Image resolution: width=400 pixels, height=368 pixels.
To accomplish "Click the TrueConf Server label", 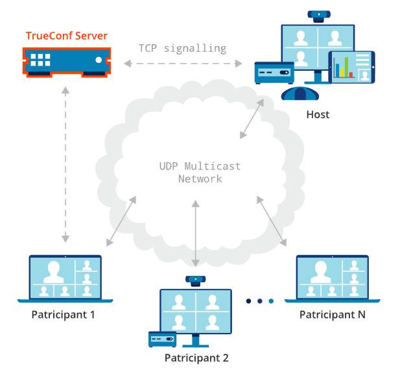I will pos(66,35).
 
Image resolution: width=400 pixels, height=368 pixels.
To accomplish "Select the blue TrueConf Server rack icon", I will pos(65,60).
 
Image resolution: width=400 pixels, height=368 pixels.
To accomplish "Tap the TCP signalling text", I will pos(182,48).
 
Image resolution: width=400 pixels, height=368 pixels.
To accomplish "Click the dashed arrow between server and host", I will pos(182,64).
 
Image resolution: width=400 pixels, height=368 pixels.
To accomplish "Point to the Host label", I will pos(318,114).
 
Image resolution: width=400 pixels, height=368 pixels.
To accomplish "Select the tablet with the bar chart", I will pos(352,67).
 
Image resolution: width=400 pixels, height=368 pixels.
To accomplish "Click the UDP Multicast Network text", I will pos(200,172).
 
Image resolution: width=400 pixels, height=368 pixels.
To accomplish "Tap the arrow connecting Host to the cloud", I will pos(252,119).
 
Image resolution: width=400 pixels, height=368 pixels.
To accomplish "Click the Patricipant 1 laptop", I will pos(65,278).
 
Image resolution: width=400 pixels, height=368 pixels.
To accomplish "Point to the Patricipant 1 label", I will pos(64,315).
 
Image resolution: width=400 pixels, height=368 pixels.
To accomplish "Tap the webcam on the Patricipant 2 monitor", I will pos(194,280).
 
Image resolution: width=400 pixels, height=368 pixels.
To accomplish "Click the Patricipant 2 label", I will pos(196,358).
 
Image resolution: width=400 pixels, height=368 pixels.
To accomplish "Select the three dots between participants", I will pos(259,301).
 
